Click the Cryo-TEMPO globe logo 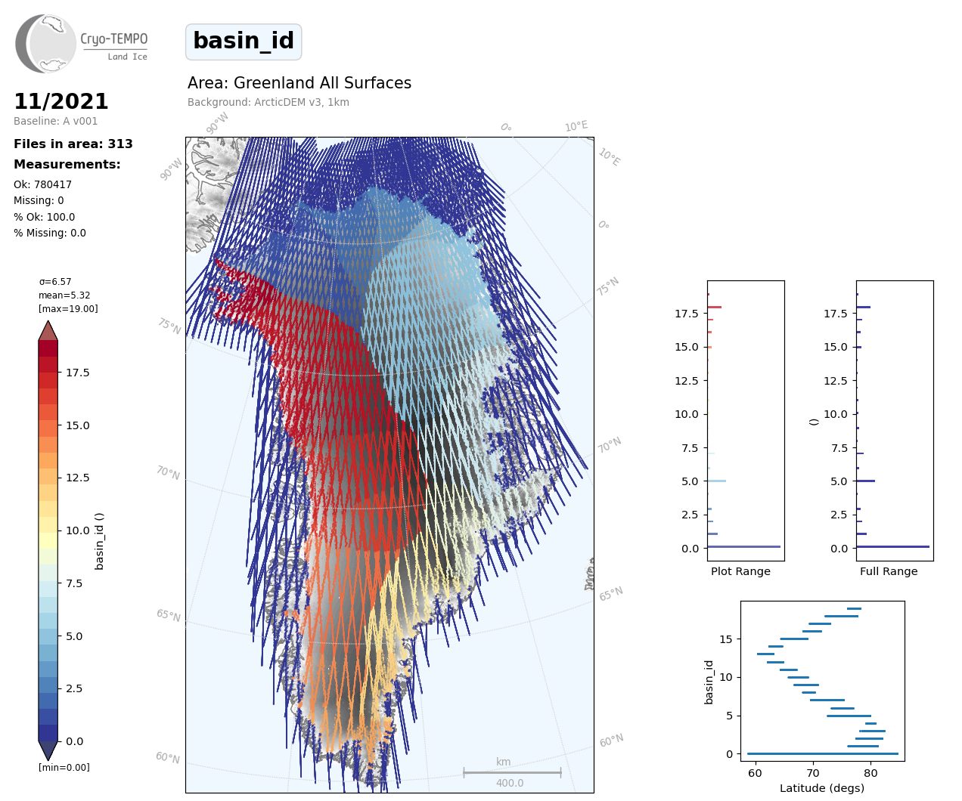click(46, 43)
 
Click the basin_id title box click(244, 42)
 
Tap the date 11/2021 click(61, 101)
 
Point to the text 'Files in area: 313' click(73, 144)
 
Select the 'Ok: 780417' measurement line click(42, 184)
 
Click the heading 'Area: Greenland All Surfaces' click(299, 83)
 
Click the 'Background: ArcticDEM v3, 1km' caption click(268, 102)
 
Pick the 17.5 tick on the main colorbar click(77, 373)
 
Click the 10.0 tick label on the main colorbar click(77, 530)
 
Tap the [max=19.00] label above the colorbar click(68, 308)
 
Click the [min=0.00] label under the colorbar click(64, 767)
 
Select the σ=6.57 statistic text click(55, 282)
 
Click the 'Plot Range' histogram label click(740, 571)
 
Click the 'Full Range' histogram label click(889, 571)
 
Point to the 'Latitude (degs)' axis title click(822, 788)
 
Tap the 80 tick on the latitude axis click(871, 773)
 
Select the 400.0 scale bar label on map click(510, 783)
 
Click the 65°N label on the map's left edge click(169, 615)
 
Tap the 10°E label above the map click(576, 126)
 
